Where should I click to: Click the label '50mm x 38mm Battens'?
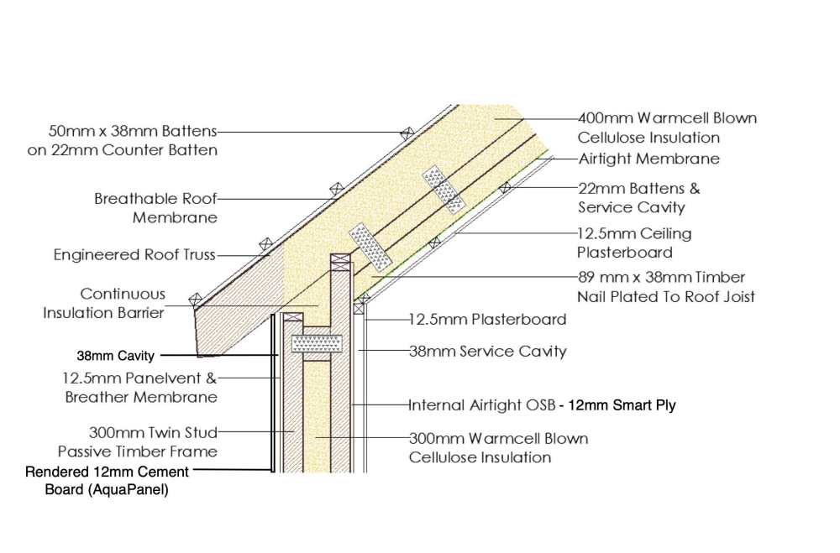click(133, 131)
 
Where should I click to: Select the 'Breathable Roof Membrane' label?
click(156, 208)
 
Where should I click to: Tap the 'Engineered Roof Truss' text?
click(134, 254)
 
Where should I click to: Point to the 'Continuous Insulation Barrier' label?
click(104, 303)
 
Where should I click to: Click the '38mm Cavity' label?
click(116, 356)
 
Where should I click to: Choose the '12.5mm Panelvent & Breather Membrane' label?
click(139, 388)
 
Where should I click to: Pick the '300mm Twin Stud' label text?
click(153, 432)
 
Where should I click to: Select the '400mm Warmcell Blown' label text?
click(667, 117)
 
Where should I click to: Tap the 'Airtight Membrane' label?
click(648, 159)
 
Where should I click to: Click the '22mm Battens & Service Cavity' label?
click(638, 197)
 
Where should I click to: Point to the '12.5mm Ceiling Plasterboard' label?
click(634, 243)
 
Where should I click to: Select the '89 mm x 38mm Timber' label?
click(662, 277)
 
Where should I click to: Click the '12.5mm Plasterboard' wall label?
click(487, 320)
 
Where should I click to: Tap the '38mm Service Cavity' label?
click(487, 351)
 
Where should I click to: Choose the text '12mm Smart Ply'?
click(622, 405)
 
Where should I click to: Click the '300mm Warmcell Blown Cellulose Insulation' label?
click(498, 447)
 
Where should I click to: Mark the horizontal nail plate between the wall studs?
click(317, 344)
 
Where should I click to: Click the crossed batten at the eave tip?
click(196, 300)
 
